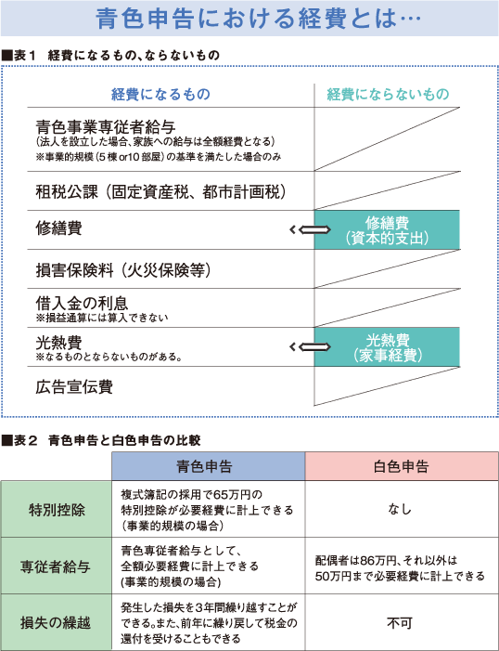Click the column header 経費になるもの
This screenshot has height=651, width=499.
[160, 95]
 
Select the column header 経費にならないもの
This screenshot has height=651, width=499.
[388, 95]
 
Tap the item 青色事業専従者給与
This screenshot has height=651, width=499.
[106, 126]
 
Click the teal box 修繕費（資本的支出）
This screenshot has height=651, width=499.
[387, 229]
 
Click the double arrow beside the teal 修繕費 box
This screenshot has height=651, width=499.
[310, 229]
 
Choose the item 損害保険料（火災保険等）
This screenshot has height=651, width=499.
[123, 270]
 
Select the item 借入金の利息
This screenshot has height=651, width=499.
[82, 303]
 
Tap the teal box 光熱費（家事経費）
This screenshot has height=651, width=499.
[387, 346]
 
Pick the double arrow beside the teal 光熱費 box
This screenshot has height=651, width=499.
[310, 346]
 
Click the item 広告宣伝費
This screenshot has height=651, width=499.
[74, 387]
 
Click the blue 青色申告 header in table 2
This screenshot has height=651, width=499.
[209, 466]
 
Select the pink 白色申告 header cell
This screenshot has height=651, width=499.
[402, 466]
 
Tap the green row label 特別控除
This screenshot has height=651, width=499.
[57, 509]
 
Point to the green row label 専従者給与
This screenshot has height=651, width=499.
[57, 566]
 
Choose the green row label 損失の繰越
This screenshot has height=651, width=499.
[57, 622]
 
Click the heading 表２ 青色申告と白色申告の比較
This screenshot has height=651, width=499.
[102, 440]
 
